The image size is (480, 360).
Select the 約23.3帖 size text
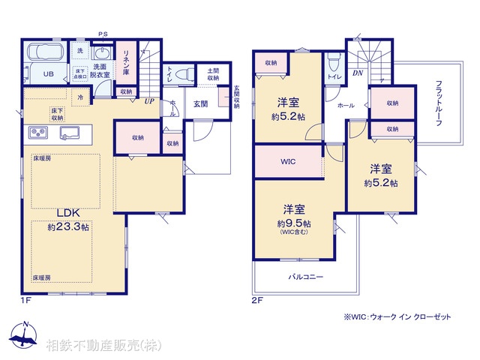[68, 226]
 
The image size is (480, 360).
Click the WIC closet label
[289, 161]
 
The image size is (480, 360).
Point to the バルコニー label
[306, 277]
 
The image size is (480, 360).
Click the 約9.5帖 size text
[293, 223]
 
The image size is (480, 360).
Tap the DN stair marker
[358, 73]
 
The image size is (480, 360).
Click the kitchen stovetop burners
[39, 133]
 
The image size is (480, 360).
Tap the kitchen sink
[73, 133]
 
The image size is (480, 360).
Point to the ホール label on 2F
[346, 106]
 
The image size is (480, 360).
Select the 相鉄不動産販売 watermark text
[101, 346]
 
